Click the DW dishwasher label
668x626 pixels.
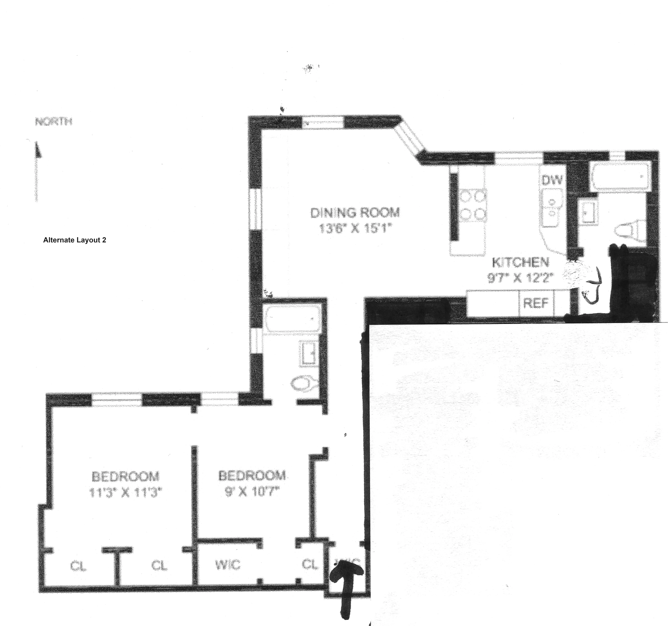(552, 180)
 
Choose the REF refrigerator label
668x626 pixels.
(536, 303)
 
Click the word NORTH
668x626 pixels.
(54, 122)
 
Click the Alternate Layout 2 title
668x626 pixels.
(75, 240)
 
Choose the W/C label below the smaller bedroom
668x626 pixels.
(228, 565)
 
